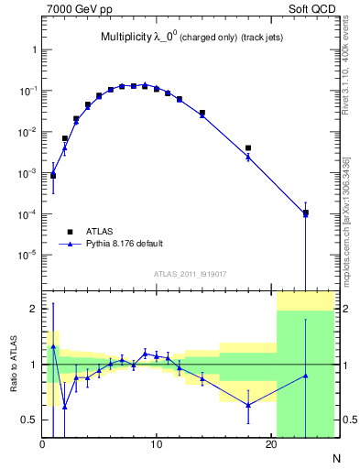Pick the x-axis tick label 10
tap(157, 445)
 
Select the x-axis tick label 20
tap(270, 445)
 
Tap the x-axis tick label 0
tap(42, 445)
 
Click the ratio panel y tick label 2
tap(32, 309)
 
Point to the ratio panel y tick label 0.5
tap(27, 420)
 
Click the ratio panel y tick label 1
tap(32, 365)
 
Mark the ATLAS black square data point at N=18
tap(248, 147)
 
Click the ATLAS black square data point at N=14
tap(202, 113)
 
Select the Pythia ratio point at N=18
tap(248, 405)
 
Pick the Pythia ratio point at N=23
tap(305, 376)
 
